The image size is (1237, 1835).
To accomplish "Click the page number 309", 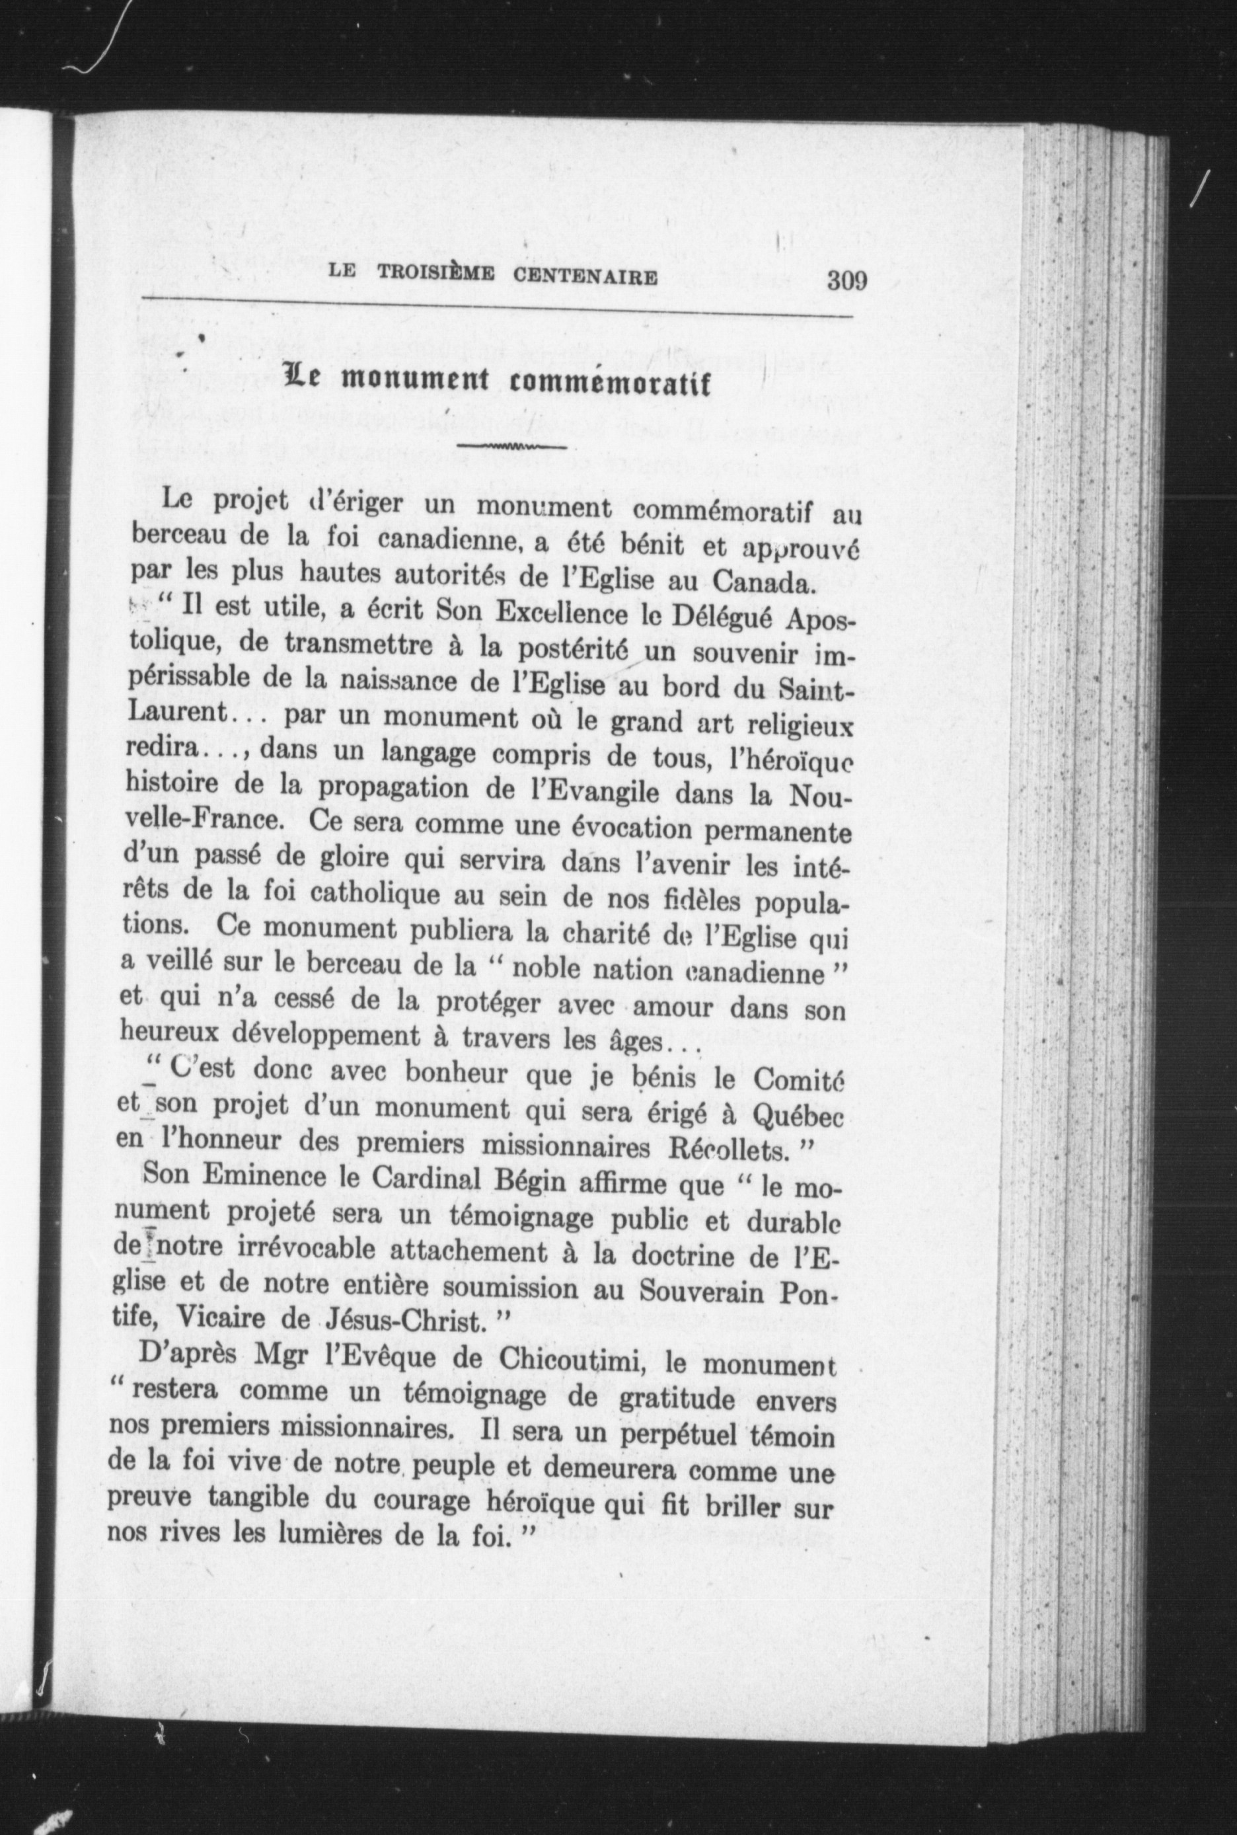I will click(847, 280).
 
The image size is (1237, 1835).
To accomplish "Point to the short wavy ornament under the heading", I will click(511, 448).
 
